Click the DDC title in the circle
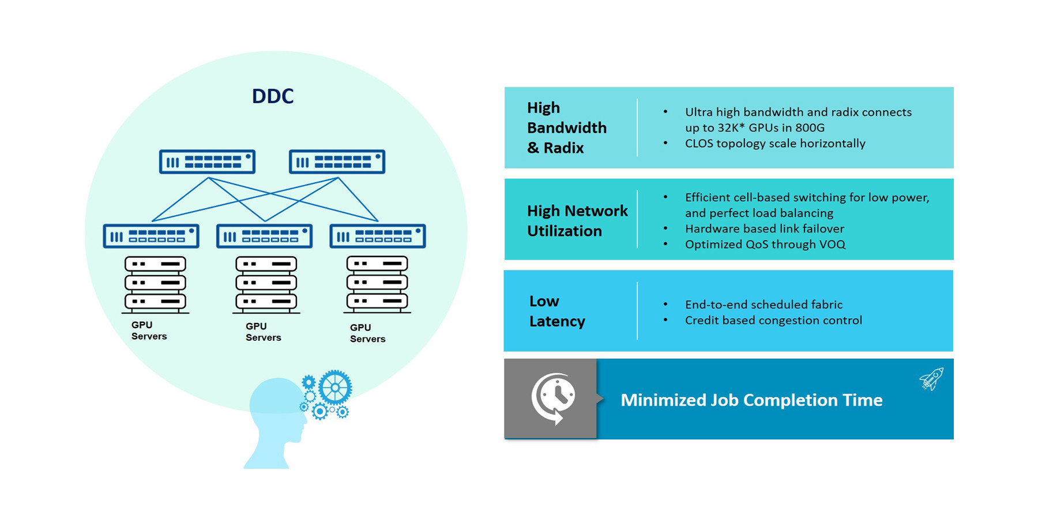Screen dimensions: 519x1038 pos(273,96)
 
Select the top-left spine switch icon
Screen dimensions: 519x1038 pos(207,162)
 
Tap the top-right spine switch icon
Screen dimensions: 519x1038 pos(337,162)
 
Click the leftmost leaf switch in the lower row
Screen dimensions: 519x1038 pos(151,236)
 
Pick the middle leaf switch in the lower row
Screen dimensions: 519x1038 pos(264,236)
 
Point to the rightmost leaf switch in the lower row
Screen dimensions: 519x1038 pos(378,236)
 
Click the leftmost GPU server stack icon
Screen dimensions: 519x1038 pos(155,283)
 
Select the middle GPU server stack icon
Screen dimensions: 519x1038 pos(266,283)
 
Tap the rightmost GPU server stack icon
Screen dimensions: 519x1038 pos(377,283)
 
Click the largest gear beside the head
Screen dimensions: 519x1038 pos(335,387)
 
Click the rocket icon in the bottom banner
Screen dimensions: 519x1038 pos(931,379)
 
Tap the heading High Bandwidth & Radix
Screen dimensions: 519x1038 pos(566,127)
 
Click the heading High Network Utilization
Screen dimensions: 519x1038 pos(577,221)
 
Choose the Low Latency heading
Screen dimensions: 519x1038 pos(556,311)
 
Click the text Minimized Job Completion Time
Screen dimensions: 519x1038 pos(751,400)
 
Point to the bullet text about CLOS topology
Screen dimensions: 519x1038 pos(775,143)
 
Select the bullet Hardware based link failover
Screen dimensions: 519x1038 pos(764,228)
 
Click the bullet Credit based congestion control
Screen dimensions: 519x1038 pos(773,320)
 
